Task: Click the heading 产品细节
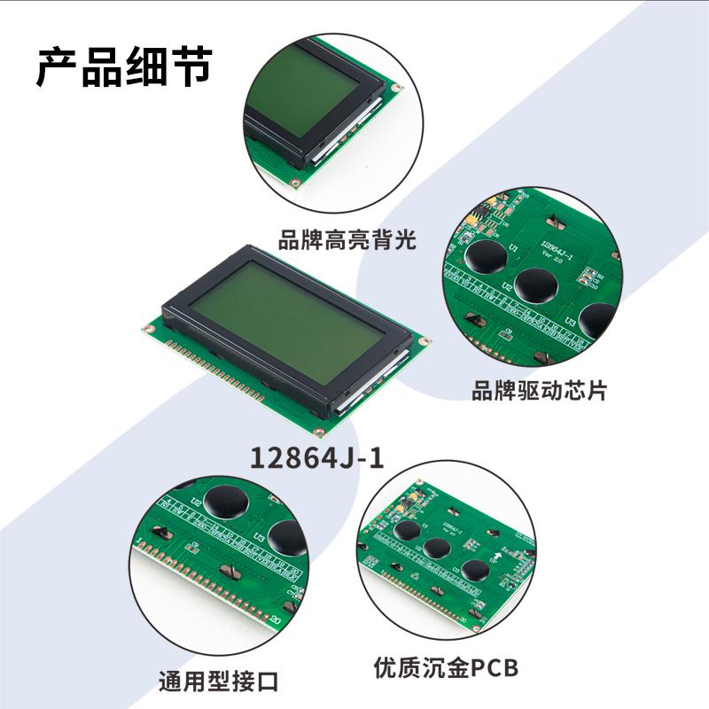click(x=124, y=66)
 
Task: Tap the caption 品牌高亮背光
click(x=347, y=240)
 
